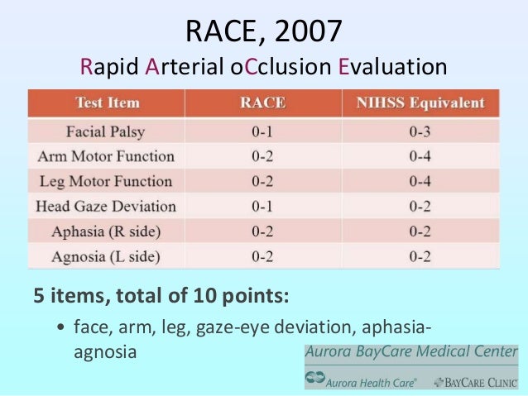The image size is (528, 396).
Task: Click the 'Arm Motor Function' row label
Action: (x=106, y=155)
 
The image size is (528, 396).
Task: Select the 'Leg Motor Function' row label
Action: (x=106, y=181)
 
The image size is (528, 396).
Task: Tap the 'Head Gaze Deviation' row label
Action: (x=106, y=206)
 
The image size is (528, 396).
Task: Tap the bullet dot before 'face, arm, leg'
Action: (x=62, y=327)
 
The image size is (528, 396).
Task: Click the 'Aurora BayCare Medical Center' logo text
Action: (x=410, y=352)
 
